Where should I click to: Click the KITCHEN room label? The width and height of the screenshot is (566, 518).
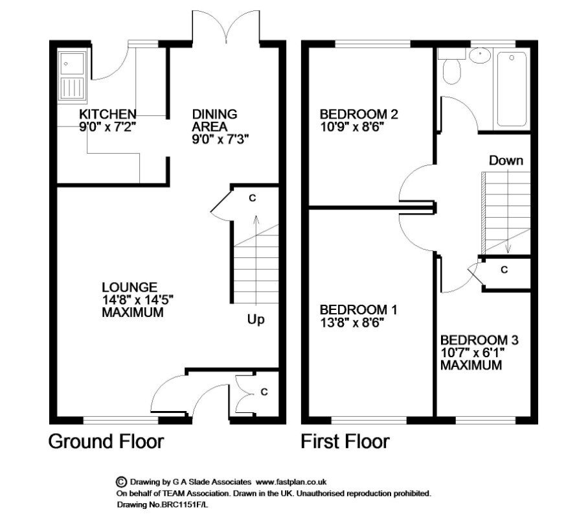[108, 114]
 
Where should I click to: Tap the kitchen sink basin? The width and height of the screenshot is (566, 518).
[72, 64]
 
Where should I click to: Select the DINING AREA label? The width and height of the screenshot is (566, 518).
[214, 121]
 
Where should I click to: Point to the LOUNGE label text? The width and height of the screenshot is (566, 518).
[130, 287]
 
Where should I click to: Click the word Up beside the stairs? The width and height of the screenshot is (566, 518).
[256, 320]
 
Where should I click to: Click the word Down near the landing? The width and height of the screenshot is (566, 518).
[506, 161]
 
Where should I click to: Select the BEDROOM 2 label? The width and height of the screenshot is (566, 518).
[359, 114]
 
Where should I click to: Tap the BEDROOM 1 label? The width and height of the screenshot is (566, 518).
[358, 310]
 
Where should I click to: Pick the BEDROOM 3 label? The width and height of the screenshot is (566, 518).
[479, 340]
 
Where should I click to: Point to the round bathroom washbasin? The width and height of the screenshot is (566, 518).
[480, 56]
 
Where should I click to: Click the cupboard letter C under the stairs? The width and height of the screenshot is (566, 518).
[253, 198]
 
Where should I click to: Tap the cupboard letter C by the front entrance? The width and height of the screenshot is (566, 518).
[264, 392]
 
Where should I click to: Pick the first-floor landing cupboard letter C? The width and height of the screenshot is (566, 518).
[504, 270]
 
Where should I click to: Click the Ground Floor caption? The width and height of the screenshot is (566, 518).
[106, 441]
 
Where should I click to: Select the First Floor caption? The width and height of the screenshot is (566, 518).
[345, 441]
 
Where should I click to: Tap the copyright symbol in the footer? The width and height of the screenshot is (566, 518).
[121, 482]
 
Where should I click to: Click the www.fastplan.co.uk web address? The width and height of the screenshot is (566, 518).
[291, 482]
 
